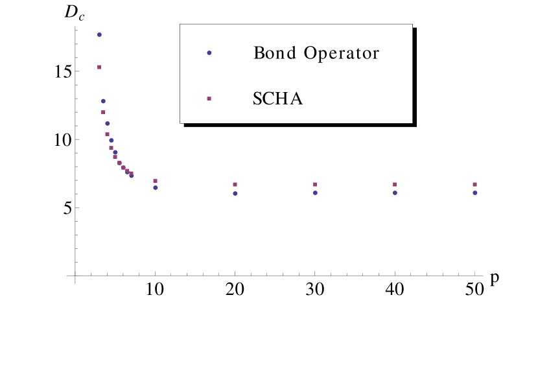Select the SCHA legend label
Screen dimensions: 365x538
point(278,99)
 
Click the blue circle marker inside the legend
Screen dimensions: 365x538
point(209,53)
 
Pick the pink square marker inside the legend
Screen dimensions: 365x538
point(209,99)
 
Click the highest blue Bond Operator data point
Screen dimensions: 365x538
point(99,35)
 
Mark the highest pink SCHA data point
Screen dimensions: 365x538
point(99,67)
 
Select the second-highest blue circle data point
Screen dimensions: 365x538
point(103,101)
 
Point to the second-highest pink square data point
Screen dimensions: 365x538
point(103,112)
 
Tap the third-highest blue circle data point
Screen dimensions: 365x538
point(108,123)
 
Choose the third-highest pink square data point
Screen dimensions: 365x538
point(108,134)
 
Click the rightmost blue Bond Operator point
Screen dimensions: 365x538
point(475,193)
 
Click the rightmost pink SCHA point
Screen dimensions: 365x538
point(475,185)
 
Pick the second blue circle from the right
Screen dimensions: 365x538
point(395,193)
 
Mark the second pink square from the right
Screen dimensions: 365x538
point(395,185)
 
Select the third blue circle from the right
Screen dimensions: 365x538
point(316,193)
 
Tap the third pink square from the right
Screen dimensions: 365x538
point(316,185)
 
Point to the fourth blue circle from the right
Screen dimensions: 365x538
point(235,193)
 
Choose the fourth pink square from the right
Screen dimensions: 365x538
point(235,185)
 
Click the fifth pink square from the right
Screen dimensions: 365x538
point(156,181)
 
